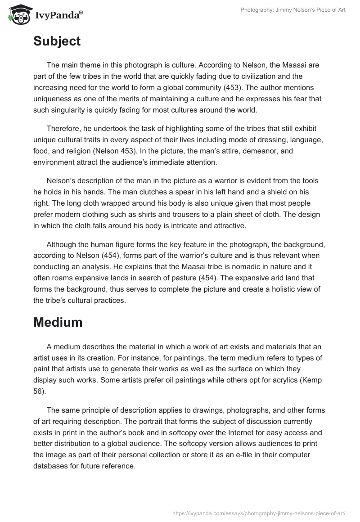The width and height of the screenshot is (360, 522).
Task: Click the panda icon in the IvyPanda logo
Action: point(18,14)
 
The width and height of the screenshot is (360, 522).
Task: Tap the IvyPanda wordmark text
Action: point(59,16)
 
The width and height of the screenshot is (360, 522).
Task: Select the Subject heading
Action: point(57,41)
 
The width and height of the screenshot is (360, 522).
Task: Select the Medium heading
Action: point(58,322)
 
